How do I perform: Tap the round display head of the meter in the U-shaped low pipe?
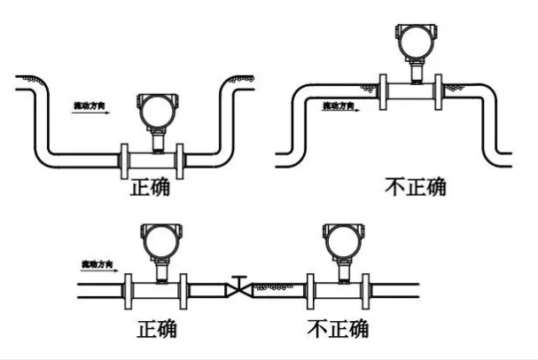pos(155,111)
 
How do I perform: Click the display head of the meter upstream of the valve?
pos(160,242)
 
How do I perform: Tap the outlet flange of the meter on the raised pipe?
pos(440,90)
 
